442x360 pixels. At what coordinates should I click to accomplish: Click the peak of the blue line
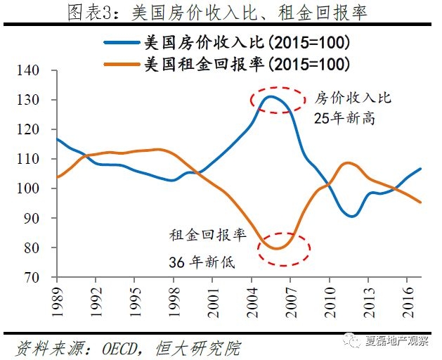click(270, 96)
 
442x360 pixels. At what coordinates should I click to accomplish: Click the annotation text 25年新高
click(344, 118)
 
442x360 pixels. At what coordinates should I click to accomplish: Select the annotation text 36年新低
click(201, 263)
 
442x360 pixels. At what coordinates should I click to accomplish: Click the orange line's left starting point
click(56, 177)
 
